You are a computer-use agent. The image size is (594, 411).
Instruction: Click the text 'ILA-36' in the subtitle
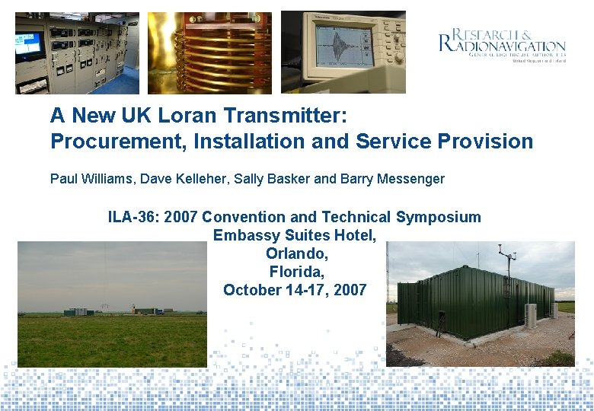(130, 217)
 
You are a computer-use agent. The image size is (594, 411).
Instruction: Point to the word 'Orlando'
(295, 253)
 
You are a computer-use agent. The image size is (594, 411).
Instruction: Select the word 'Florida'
(295, 271)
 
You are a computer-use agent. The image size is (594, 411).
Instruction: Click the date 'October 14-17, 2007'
(295, 290)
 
